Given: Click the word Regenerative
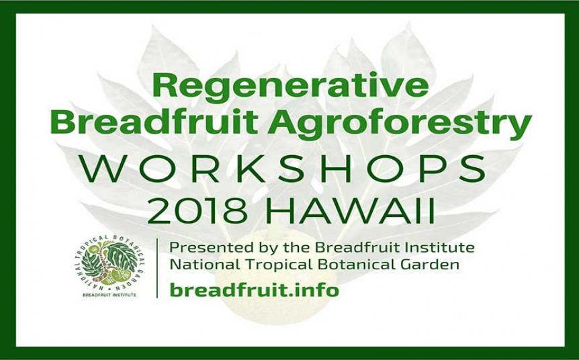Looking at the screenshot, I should (290, 85).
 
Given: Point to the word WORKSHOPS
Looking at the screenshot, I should (290, 169).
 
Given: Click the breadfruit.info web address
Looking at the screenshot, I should (254, 290).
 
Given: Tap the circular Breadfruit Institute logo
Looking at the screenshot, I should (108, 263).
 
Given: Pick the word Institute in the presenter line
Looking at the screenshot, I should (441, 246).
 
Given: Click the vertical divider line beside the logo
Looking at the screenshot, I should (157, 267).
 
